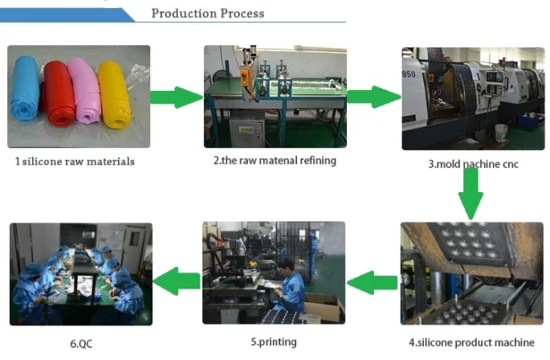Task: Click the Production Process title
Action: pyautogui.click(x=207, y=14)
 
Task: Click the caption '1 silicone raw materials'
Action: pyautogui.click(x=75, y=162)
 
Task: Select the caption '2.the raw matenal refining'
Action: pyautogui.click(x=275, y=160)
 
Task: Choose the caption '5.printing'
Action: pyautogui.click(x=274, y=342)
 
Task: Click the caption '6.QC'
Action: pyautogui.click(x=80, y=343)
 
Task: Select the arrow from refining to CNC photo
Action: pyautogui.click(x=374, y=98)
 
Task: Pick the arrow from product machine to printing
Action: pyautogui.click(x=373, y=281)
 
